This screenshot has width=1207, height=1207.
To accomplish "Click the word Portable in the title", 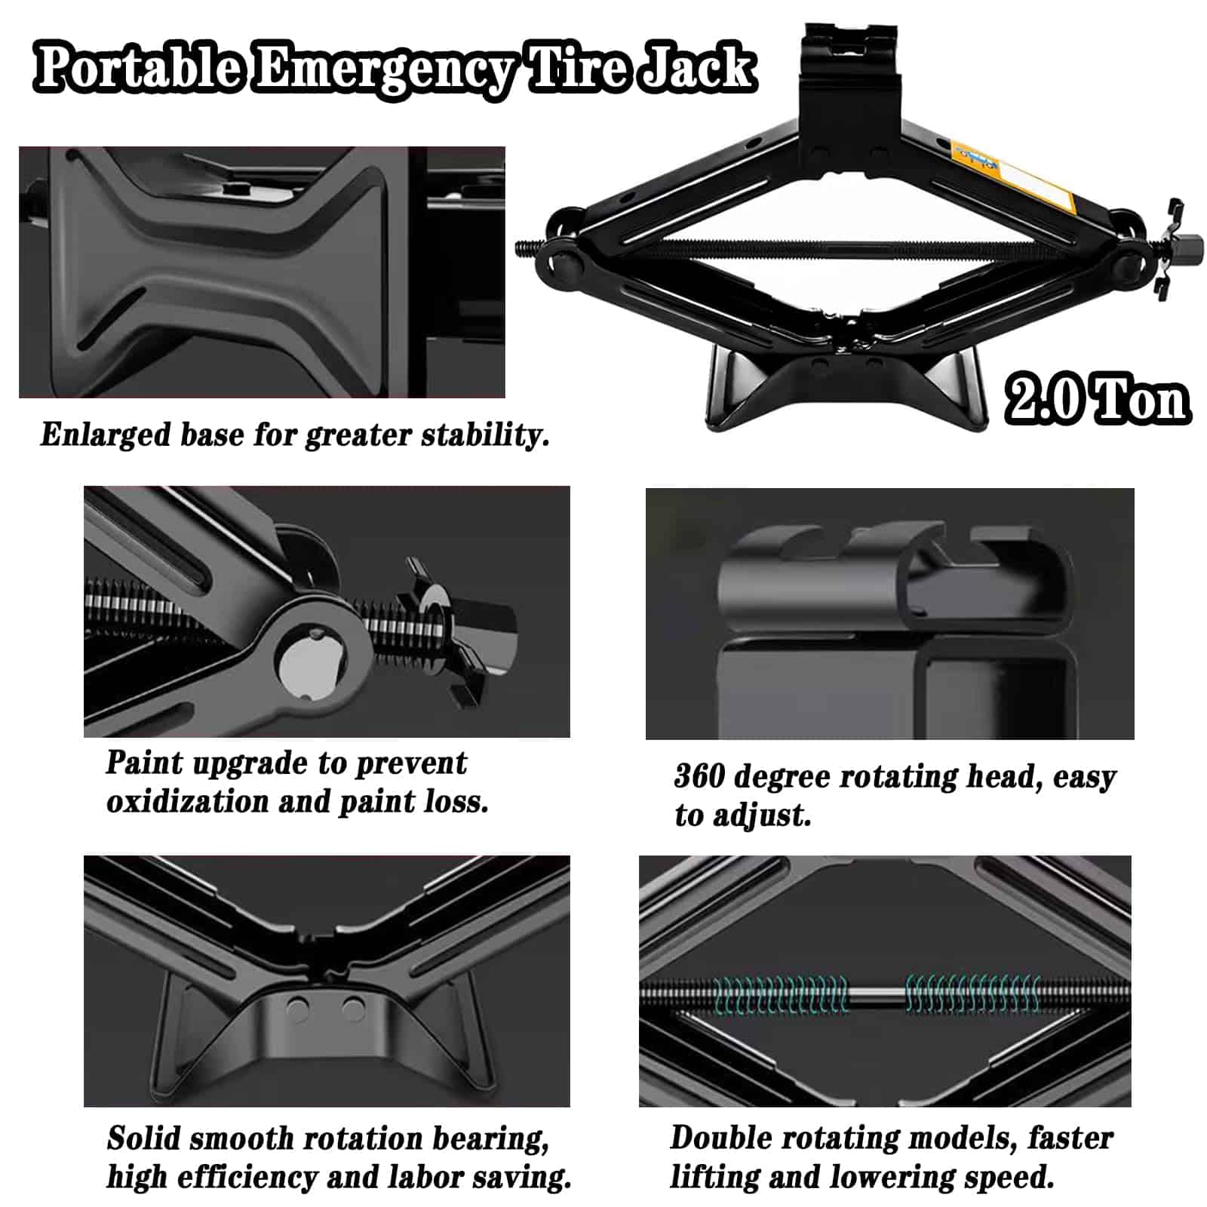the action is coord(141,69).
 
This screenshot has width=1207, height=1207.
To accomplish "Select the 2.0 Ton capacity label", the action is coord(1098,399).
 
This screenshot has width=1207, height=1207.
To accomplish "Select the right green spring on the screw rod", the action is coord(973,994).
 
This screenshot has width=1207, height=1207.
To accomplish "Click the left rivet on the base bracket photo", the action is coord(299,1009).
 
